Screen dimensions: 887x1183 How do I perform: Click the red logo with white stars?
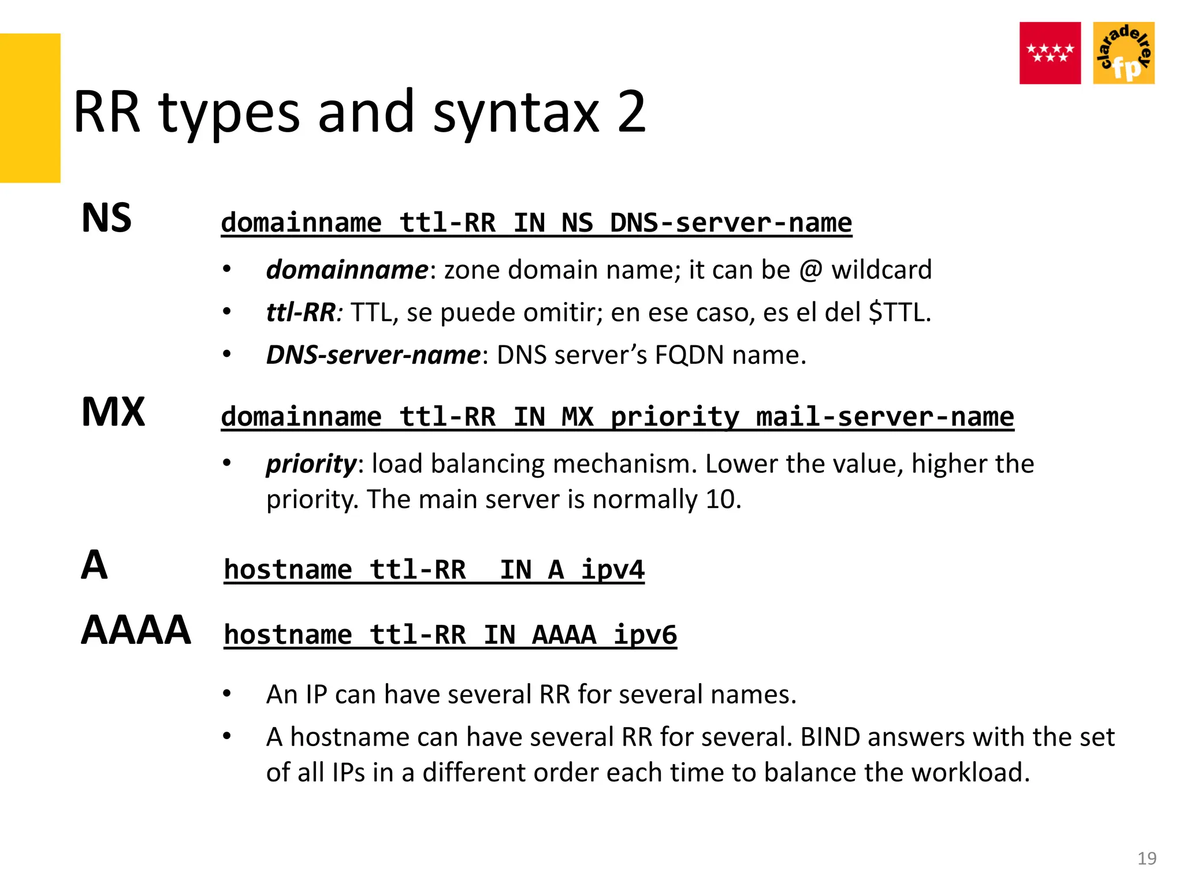point(1050,53)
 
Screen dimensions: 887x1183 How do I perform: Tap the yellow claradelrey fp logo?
point(1124,53)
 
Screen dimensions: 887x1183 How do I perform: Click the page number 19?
point(1147,858)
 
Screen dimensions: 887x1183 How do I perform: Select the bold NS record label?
point(107,218)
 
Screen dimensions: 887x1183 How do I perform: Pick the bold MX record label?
point(113,412)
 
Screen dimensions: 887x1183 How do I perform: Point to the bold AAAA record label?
point(136,630)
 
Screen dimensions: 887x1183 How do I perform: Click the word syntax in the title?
point(516,113)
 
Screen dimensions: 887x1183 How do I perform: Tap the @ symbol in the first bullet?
point(810,270)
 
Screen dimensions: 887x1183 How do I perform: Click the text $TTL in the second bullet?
point(899,312)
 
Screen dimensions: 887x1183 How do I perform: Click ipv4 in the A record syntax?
point(612,569)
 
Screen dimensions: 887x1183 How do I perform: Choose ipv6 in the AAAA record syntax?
point(645,635)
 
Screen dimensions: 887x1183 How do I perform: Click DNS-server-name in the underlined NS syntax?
point(730,222)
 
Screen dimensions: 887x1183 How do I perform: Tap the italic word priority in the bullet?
point(311,464)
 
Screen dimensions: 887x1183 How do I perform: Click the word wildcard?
point(881,270)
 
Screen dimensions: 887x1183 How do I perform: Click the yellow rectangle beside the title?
point(30,108)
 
